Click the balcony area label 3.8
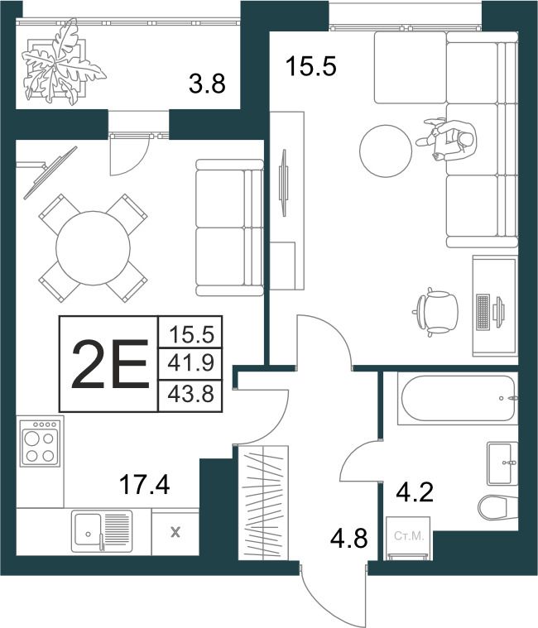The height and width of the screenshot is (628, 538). click(207, 84)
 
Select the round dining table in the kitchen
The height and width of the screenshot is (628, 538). click(93, 248)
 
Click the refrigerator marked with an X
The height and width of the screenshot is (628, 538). click(175, 532)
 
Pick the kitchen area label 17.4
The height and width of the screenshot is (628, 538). click(144, 484)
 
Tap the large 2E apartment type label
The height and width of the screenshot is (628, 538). click(109, 364)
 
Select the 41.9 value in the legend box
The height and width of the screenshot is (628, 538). click(191, 363)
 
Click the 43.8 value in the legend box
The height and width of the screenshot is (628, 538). click(191, 395)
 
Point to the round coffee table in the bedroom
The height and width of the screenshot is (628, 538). click(386, 151)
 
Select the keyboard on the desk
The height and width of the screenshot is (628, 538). click(483, 313)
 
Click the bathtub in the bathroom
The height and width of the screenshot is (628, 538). click(458, 398)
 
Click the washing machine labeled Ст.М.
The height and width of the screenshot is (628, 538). click(408, 538)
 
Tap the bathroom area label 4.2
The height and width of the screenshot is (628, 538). click(415, 492)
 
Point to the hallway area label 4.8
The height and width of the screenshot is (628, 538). click(348, 538)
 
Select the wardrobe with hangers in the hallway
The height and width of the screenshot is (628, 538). click(263, 501)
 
